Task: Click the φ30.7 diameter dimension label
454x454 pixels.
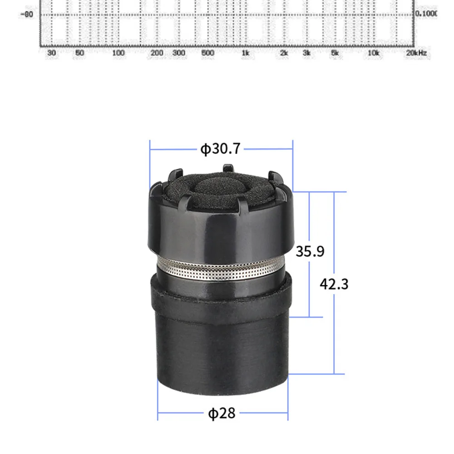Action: click(x=220, y=149)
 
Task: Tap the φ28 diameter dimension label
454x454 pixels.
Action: click(x=222, y=413)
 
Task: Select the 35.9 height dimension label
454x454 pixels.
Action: click(x=310, y=251)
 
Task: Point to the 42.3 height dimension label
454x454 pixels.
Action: click(x=334, y=284)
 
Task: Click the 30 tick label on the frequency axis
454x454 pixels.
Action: click(x=51, y=53)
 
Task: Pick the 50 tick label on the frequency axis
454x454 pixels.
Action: click(x=79, y=53)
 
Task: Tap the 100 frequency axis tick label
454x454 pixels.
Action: click(x=118, y=53)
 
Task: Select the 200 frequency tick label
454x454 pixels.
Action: click(x=157, y=53)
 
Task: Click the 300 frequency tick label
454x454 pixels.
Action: click(x=178, y=53)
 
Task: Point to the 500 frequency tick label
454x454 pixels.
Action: click(x=207, y=53)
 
